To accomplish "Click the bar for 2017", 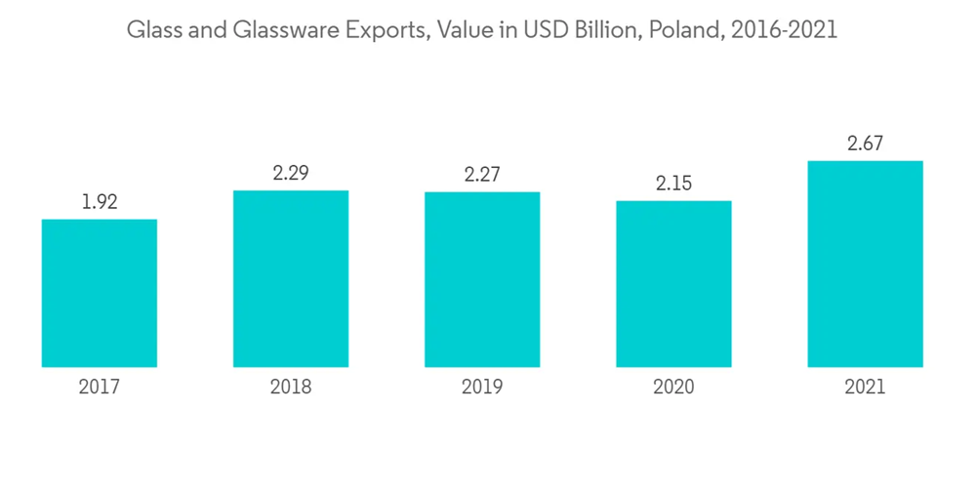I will coord(100,293).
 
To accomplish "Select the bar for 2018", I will coord(291,278).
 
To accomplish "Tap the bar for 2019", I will coord(482,279).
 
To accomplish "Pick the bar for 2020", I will coord(673,284).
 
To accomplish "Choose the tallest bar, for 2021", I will coord(865,264).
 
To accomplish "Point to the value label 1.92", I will coord(100,203).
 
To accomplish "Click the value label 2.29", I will coord(291,174).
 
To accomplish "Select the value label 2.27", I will coord(482,176).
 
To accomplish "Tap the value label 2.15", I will coord(673,184).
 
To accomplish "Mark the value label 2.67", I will coord(865,144).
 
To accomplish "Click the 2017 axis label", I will coord(100,388).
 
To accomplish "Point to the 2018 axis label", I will coord(291,388).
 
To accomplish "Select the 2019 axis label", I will coord(482,388).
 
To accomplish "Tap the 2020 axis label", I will coord(673,388).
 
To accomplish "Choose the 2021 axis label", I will coord(865,388).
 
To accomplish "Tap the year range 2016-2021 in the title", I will coord(786,30).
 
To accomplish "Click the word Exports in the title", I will coord(384,30).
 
